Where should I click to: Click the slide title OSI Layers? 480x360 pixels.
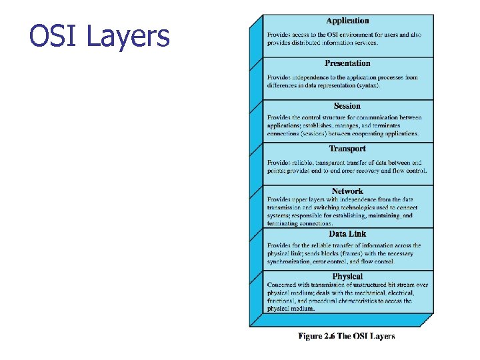tap(100, 37)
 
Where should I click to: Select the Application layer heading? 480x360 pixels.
tap(347, 21)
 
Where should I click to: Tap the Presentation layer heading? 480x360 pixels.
tap(347, 63)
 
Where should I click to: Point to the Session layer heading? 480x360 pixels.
tap(347, 106)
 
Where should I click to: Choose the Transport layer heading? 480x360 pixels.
tap(347, 149)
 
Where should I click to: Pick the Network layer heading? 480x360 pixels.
tap(347, 191)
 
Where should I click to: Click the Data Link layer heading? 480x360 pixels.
tap(347, 234)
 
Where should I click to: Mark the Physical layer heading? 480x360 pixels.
tap(347, 277)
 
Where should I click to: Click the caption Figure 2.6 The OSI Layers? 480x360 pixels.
tap(346, 336)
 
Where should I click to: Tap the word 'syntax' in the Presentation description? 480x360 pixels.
tap(369, 86)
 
